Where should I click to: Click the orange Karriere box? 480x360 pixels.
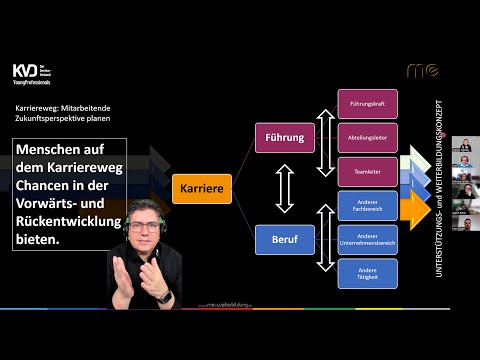(204, 187)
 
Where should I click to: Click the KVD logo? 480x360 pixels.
(29, 72)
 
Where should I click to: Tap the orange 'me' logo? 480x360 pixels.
(422, 70)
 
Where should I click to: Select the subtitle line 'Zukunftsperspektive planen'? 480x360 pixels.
(69, 119)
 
